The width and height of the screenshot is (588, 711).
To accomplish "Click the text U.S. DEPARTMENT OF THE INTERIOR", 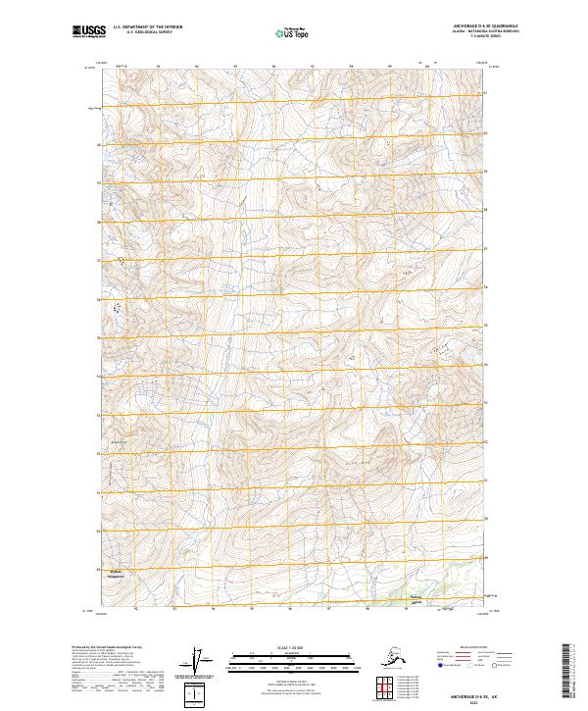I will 143,28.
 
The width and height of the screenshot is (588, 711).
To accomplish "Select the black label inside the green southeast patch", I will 416,600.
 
